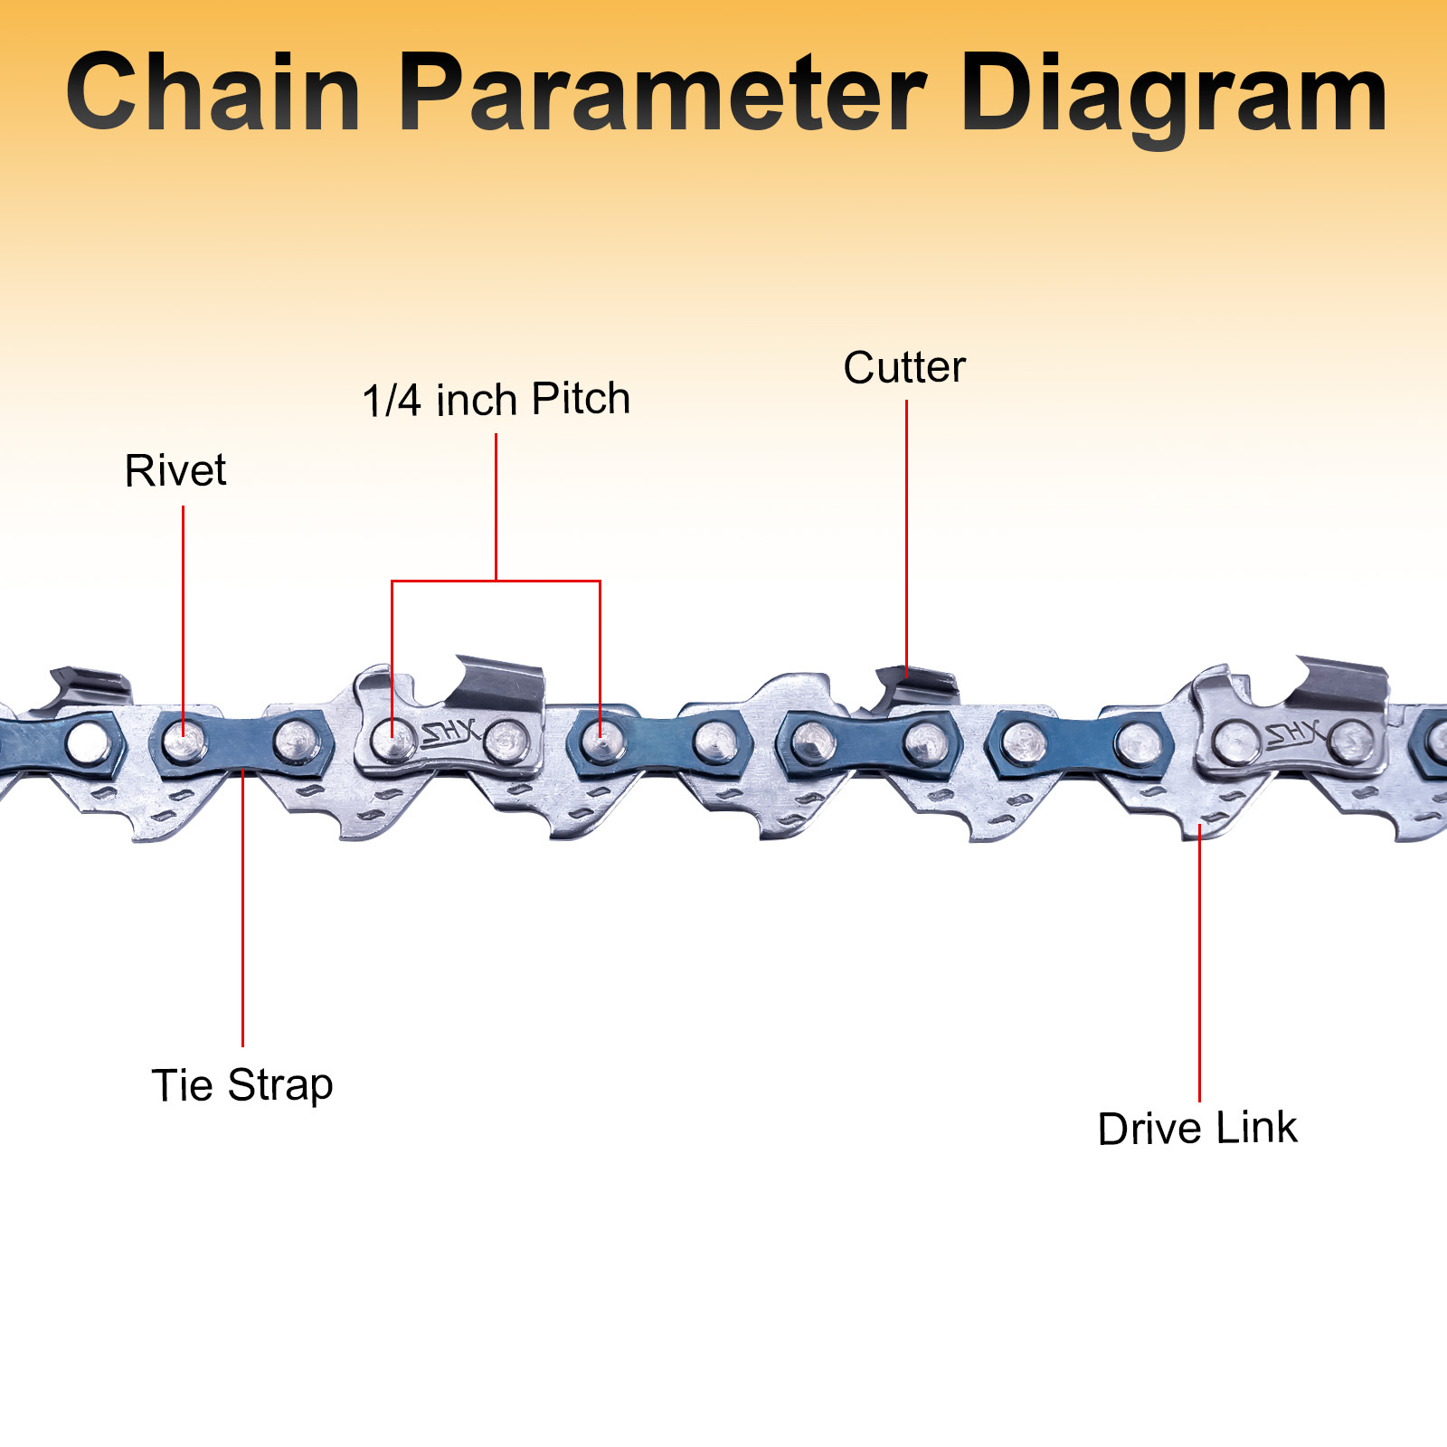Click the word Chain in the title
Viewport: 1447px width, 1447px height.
213,93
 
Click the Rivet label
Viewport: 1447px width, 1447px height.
175,470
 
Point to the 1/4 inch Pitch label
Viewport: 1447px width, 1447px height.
496,399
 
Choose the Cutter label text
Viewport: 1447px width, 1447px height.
904,367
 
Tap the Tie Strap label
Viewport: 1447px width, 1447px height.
241,1084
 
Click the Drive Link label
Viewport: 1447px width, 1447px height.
1197,1128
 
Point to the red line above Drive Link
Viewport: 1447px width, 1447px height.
1199,968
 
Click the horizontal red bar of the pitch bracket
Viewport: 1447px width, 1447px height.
496,581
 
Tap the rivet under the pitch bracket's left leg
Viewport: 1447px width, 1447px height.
392,741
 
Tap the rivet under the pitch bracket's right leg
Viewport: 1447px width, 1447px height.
601,742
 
